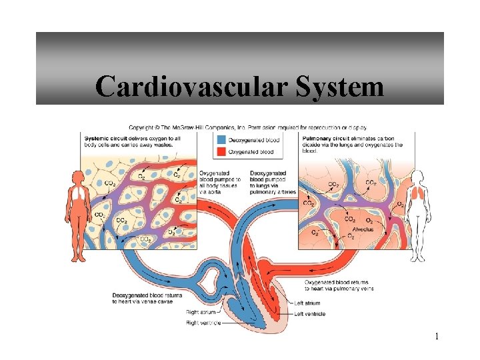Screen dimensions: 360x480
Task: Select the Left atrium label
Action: (307, 303)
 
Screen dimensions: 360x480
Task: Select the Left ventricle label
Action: (309, 313)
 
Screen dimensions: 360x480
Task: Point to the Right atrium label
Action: (201, 312)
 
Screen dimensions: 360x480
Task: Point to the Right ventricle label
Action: (203, 323)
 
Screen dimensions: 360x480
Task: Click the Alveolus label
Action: (363, 229)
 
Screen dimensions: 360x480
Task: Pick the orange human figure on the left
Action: (78, 213)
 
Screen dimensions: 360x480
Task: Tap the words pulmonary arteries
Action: (273, 191)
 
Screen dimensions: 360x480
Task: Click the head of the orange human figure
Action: (78, 176)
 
